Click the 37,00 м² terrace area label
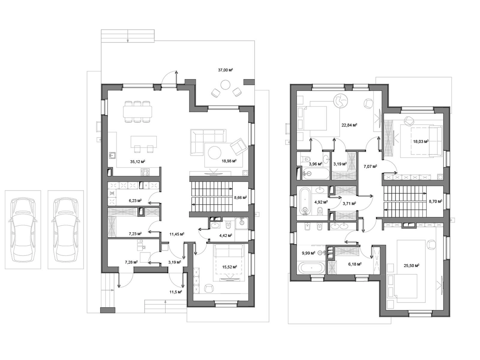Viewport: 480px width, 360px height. (225, 70)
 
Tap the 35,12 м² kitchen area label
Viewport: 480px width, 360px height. (137, 162)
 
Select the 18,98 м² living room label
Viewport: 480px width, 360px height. (229, 161)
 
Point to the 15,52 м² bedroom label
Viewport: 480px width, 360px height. (230, 267)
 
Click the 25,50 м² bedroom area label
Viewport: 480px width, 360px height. (411, 265)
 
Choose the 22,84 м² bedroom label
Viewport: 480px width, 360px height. (349, 125)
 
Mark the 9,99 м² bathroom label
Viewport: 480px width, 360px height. (308, 253)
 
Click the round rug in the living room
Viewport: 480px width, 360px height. (214, 153)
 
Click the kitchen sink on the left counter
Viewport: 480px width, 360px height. (113, 155)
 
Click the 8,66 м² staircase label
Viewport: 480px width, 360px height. (240, 197)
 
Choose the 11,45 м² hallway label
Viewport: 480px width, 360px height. (177, 234)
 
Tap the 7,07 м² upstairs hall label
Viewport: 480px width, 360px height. (370, 166)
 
